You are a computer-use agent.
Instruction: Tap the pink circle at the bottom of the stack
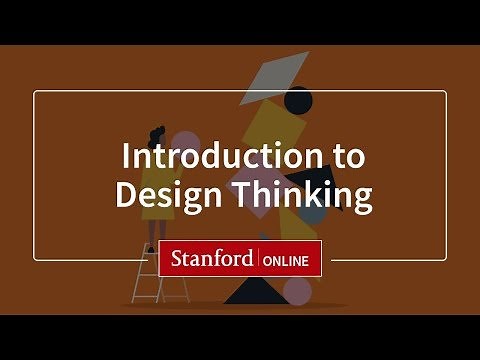[297, 291]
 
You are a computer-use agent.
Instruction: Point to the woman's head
[158, 132]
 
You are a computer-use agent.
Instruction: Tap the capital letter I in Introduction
[126, 157]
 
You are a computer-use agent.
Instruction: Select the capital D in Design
[126, 194]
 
